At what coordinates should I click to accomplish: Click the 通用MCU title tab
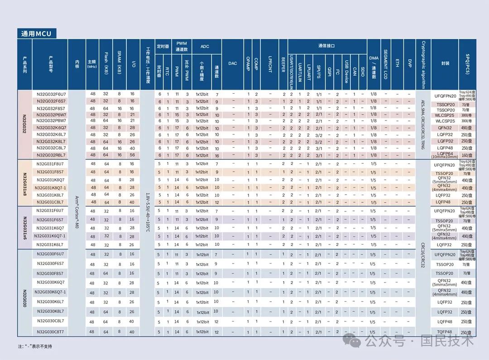pyautogui.click(x=37, y=34)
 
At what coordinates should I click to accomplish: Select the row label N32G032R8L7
pyautogui.click(x=51, y=155)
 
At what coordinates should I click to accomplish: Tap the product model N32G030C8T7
pyautogui.click(x=50, y=332)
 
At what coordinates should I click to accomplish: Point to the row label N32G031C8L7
pyautogui.click(x=50, y=202)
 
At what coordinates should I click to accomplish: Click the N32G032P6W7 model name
pyautogui.click(x=51, y=115)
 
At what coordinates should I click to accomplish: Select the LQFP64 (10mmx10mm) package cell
pyautogui.click(x=445, y=155)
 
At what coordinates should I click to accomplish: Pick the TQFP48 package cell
pyautogui.click(x=445, y=332)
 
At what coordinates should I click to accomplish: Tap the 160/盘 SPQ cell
pyautogui.click(x=467, y=155)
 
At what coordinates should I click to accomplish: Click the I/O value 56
pyautogui.click(x=132, y=155)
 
